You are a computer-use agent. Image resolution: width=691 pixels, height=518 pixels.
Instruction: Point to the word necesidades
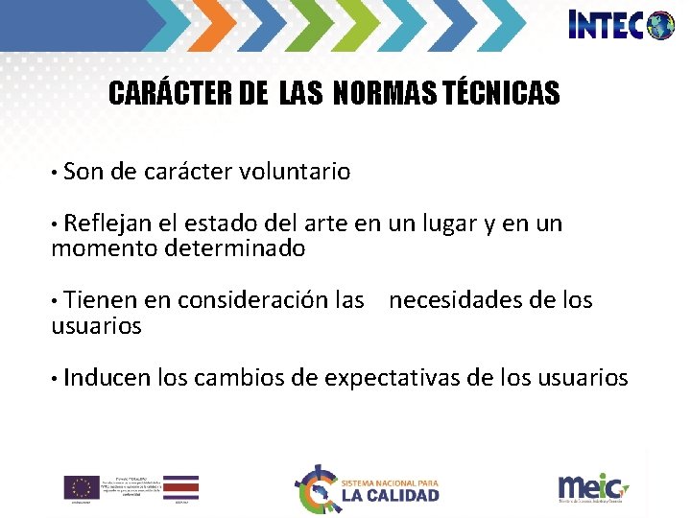click(455, 301)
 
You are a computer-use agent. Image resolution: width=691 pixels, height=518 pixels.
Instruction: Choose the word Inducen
click(107, 378)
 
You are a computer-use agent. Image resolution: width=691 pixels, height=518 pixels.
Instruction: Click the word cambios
click(239, 378)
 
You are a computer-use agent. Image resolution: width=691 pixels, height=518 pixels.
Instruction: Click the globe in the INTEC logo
click(660, 25)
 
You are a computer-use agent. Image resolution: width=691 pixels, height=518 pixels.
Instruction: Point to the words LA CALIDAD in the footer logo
click(390, 495)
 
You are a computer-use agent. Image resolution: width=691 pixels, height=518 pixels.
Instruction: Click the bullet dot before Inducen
click(56, 378)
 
